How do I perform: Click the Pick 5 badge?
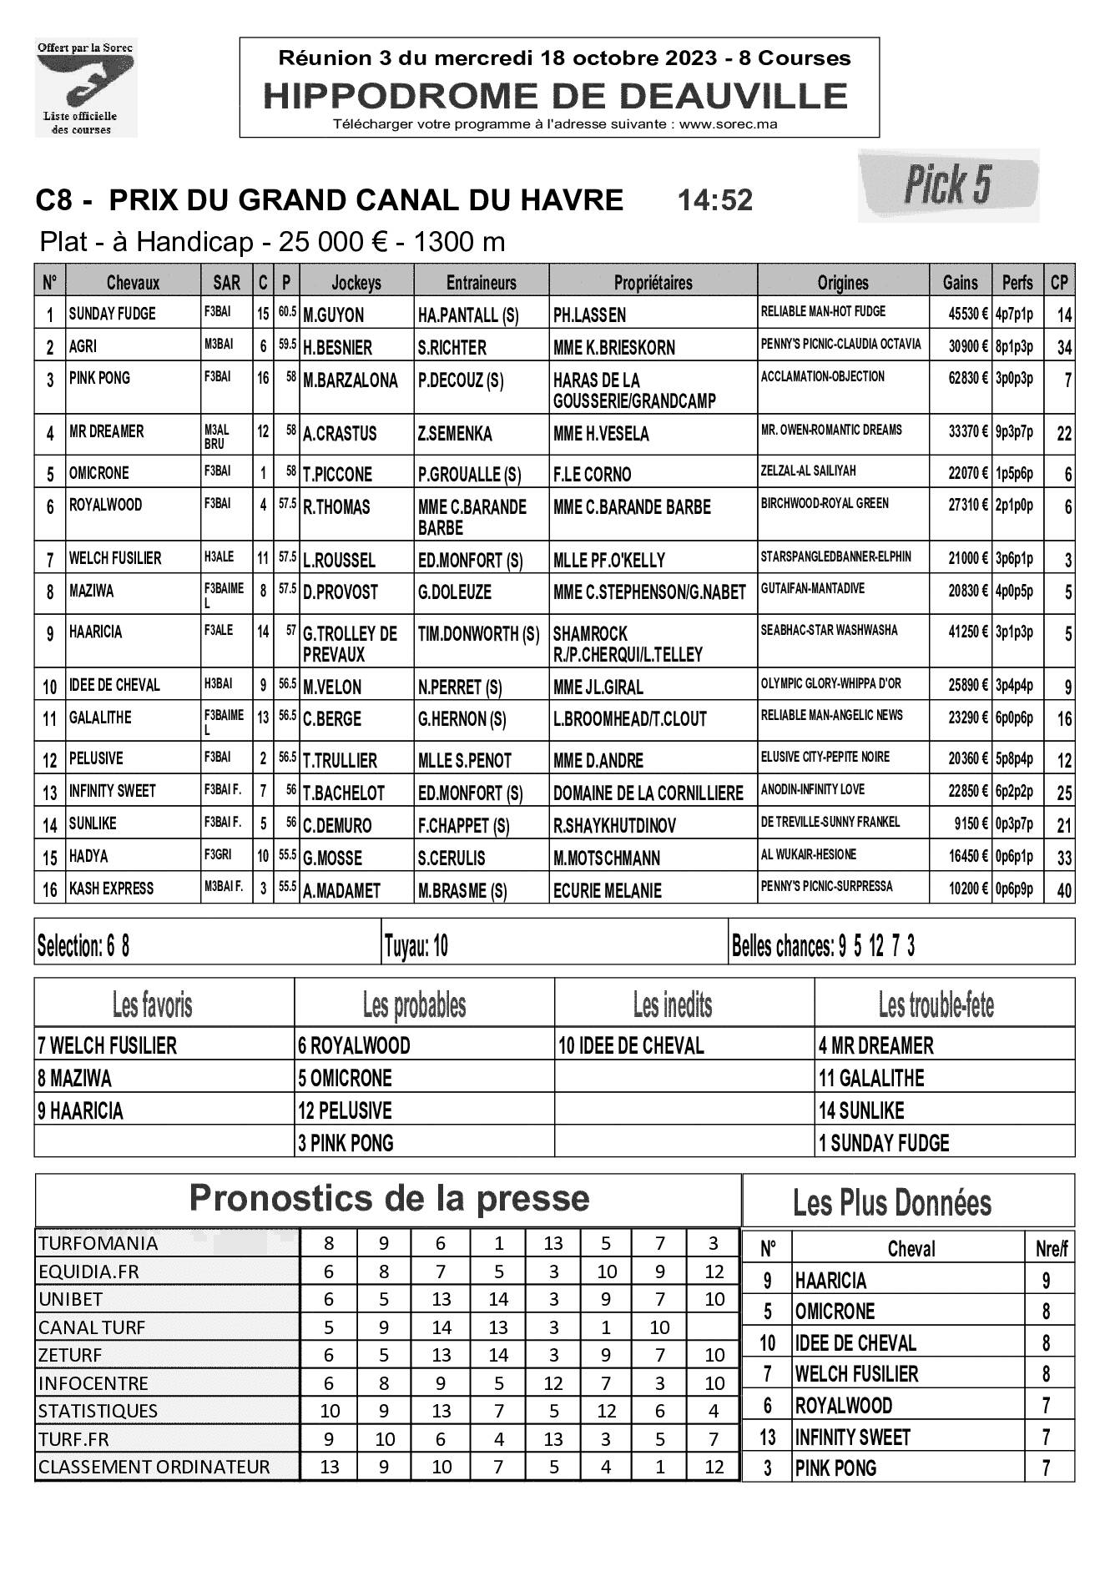coord(948,184)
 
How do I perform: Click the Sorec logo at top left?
coord(86,88)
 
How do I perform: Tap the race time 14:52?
coord(715,200)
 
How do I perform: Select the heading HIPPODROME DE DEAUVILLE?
coord(556,97)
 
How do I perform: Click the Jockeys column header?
coord(356,283)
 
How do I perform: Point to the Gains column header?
coord(960,283)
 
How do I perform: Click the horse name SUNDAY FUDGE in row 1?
coord(112,314)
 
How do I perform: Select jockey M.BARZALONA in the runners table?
coord(351,380)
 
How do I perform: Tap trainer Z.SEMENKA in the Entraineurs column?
coord(455,434)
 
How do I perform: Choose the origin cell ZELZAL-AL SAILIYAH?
coord(808,471)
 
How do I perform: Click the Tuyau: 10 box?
coord(416,946)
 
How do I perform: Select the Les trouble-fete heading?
coord(936,1005)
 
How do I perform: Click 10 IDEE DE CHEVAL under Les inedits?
coord(631,1045)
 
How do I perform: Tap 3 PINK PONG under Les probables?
coord(346,1143)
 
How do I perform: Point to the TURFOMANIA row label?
coord(98,1243)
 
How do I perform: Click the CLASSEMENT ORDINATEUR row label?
coord(154,1467)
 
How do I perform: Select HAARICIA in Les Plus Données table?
coord(830,1281)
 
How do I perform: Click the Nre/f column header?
coord(1049,1249)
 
